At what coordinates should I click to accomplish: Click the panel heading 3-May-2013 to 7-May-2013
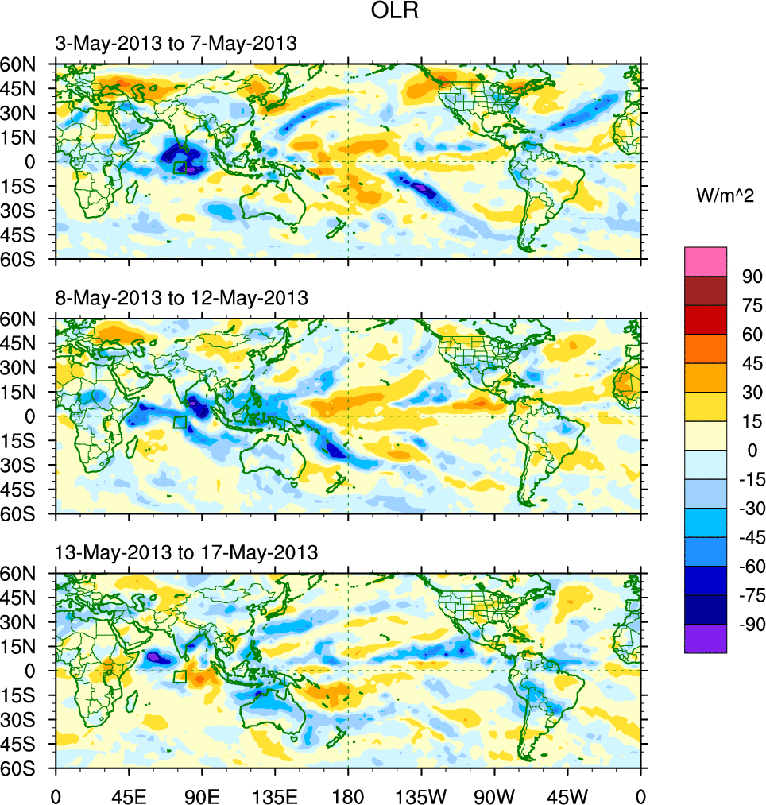[176, 44]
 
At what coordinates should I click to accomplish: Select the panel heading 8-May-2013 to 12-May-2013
[181, 298]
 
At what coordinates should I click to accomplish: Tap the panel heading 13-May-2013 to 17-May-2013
[187, 552]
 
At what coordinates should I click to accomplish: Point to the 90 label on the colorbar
[751, 277]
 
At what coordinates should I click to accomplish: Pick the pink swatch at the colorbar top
[706, 261]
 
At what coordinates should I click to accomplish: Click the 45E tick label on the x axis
[129, 795]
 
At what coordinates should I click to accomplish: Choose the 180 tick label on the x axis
[348, 795]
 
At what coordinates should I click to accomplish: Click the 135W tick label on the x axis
[421, 795]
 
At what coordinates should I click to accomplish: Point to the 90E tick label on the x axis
[202, 795]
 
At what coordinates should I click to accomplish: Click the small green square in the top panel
[180, 167]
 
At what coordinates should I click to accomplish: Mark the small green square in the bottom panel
[180, 676]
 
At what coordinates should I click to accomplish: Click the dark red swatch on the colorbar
[706, 291]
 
